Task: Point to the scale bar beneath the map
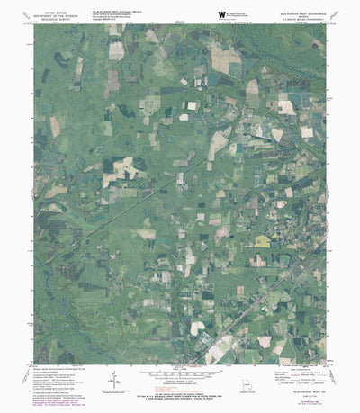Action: point(180,377)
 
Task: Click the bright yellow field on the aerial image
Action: point(262,241)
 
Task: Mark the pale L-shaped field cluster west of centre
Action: point(121,171)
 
